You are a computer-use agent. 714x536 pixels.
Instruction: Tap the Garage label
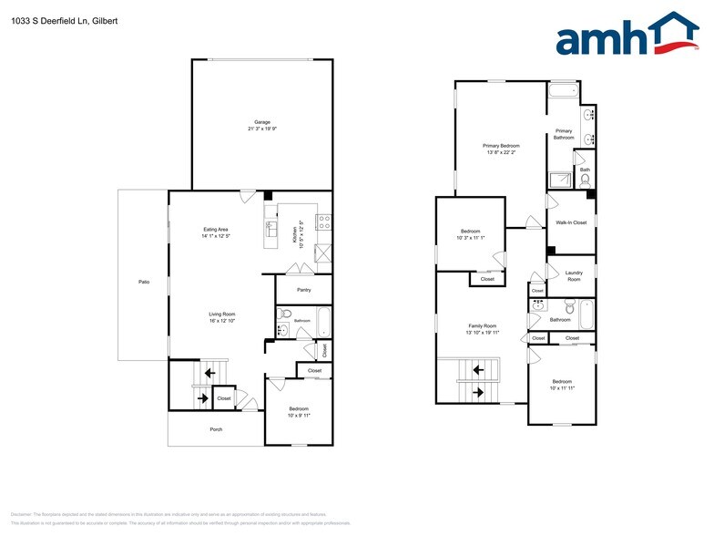point(262,122)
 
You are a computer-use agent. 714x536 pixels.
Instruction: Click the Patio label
point(143,282)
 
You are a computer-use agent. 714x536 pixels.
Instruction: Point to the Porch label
point(216,429)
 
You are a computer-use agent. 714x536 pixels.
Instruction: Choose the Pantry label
point(304,290)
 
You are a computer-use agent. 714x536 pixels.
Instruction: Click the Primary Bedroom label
point(501,145)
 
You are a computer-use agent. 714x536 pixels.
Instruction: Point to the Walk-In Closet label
point(571,222)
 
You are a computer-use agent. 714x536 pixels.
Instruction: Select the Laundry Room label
point(574,276)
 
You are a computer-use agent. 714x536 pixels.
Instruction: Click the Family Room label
point(483,325)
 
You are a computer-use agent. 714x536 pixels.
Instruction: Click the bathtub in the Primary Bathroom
point(563,91)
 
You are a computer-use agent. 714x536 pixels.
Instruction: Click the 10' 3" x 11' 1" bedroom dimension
point(470,238)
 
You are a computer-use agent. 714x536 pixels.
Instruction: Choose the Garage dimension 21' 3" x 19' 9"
point(262,129)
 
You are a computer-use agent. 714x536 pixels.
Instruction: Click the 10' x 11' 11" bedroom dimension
point(561,388)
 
